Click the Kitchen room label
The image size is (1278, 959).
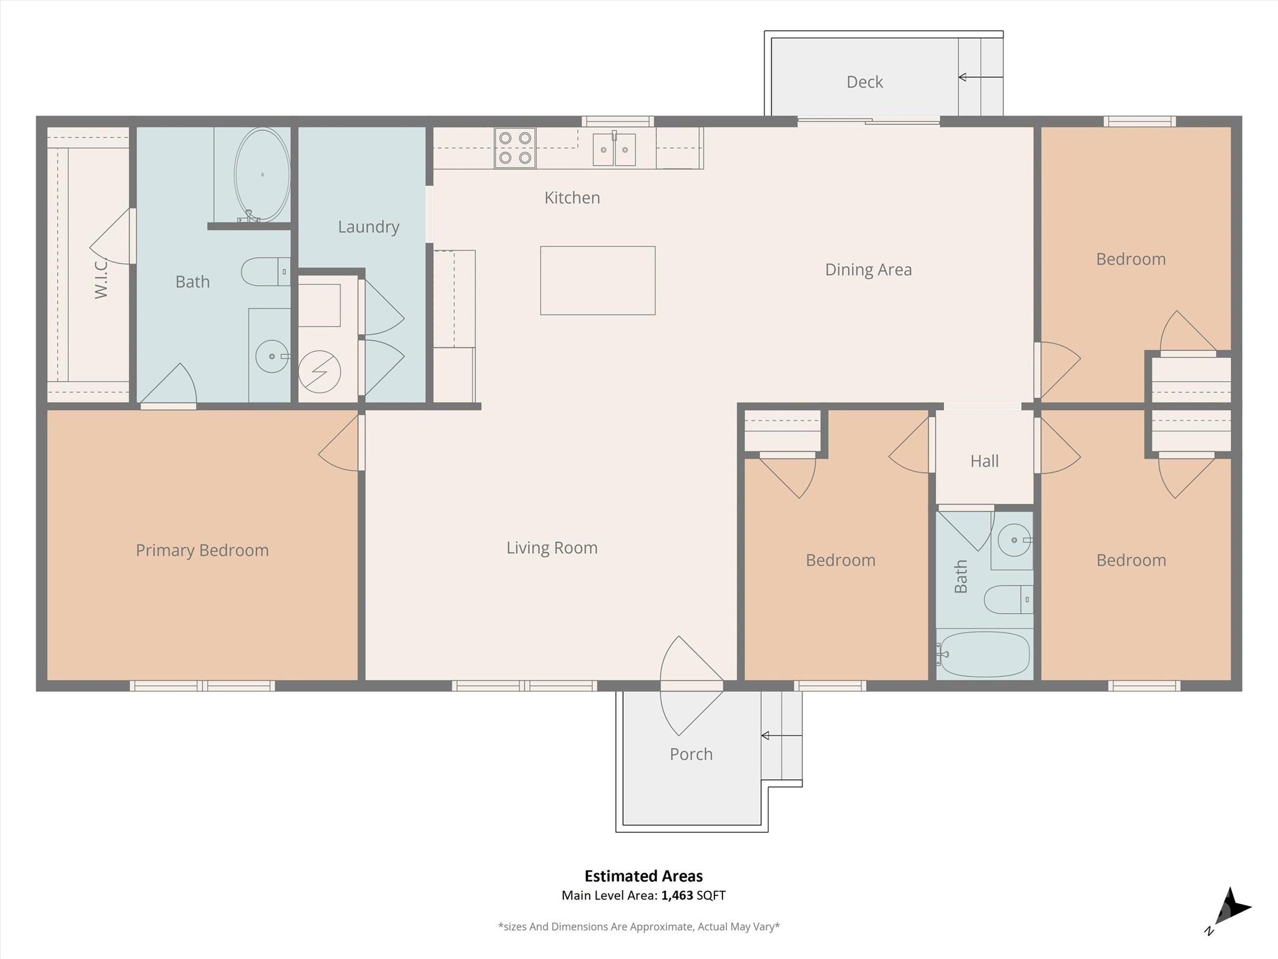click(x=572, y=198)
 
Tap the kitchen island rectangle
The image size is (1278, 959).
click(x=598, y=280)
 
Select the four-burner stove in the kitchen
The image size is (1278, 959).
click(x=515, y=148)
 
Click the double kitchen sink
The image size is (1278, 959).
click(x=614, y=149)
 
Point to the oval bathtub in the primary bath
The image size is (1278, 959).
click(x=262, y=174)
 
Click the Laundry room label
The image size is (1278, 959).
click(x=369, y=227)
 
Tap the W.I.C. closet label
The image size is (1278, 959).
click(x=101, y=279)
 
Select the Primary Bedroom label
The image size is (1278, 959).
click(x=202, y=550)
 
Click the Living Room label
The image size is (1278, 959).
click(x=552, y=548)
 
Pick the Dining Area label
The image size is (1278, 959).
click(x=868, y=270)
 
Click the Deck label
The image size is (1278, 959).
click(x=864, y=82)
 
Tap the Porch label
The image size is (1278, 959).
click(x=691, y=754)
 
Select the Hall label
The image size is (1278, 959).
click(x=984, y=461)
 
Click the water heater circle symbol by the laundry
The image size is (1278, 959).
click(x=319, y=372)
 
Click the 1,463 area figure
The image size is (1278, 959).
click(x=677, y=895)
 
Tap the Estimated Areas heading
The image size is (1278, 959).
click(x=643, y=876)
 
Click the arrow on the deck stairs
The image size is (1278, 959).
click(x=980, y=77)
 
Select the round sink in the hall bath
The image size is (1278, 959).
click(x=1013, y=540)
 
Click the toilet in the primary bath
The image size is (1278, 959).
click(x=266, y=272)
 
